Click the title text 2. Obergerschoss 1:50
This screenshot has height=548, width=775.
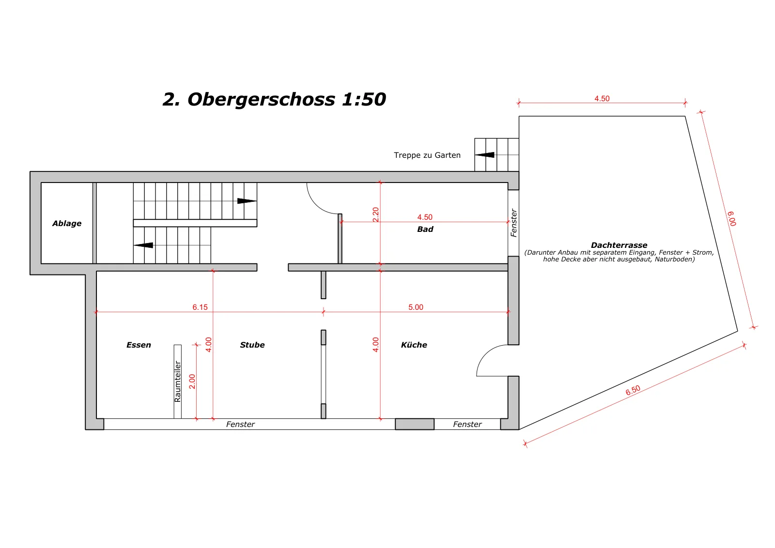[274, 100]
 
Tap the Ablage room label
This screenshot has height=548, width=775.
[67, 223]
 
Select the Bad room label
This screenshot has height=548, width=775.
[425, 229]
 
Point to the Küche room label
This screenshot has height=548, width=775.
[414, 345]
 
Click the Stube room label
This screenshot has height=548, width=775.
[252, 345]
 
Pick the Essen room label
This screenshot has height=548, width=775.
[139, 345]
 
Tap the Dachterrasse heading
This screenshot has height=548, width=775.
[619, 245]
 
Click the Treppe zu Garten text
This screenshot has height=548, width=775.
[427, 155]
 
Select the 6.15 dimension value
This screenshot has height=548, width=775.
[200, 307]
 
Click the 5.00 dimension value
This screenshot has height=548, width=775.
[416, 307]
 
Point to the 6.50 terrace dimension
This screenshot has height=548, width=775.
[633, 390]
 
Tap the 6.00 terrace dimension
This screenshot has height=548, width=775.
[732, 219]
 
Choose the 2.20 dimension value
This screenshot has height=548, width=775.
[376, 215]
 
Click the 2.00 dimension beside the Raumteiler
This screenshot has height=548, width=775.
[192, 381]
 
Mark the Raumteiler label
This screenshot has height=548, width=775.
[177, 381]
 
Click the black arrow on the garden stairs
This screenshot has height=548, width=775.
[484, 155]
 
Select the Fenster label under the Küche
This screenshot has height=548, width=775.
[467, 424]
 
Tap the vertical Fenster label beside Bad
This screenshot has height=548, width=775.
[514, 223]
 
